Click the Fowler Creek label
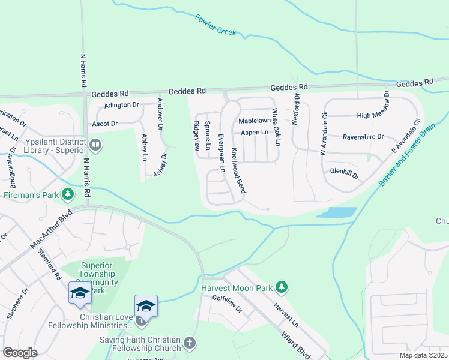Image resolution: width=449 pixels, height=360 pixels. coord(215,25)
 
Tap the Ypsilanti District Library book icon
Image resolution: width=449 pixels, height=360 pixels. coord(95,145)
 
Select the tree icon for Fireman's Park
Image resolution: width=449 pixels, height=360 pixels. coord(70,194)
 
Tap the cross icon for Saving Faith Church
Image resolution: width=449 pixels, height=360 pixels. coord(189,343)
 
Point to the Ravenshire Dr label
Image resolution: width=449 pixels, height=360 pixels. coord(363,137)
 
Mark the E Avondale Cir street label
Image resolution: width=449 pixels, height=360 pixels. coord(404,134)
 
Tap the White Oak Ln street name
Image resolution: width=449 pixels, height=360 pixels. coord(274,127)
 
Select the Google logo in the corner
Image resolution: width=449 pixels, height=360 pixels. coord(20,352)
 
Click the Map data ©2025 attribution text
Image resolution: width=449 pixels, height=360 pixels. coord(423,355)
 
